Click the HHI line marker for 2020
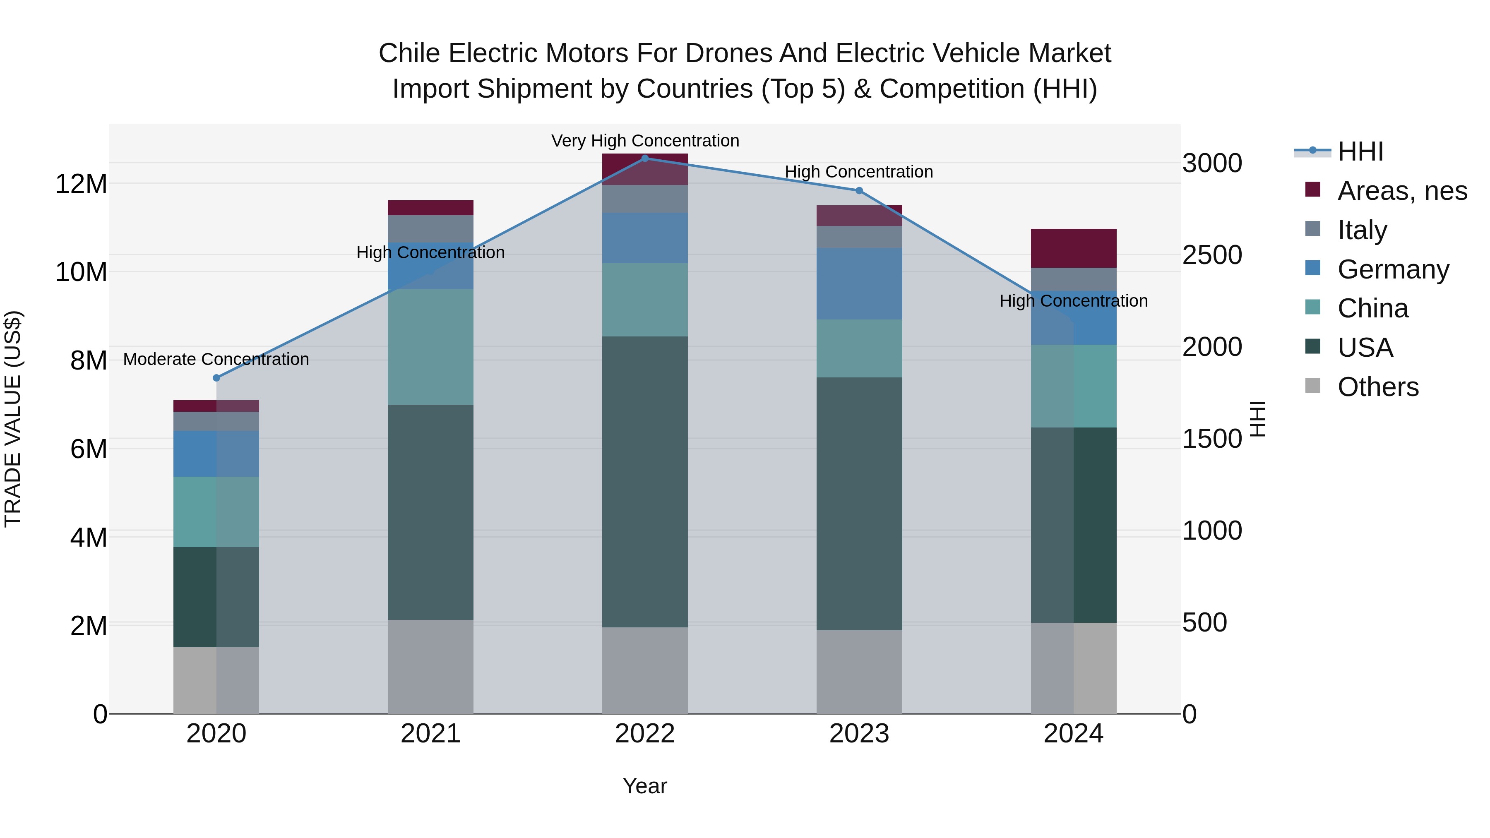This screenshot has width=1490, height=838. pos(216,378)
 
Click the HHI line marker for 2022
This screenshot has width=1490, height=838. pos(645,158)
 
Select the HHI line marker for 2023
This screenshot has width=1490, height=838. pos(859,191)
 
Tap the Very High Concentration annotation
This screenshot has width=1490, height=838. pos(645,141)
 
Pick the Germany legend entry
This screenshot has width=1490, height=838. pos(1393,269)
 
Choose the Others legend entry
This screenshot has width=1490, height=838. pos(1378,387)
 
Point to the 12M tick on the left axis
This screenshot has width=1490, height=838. pos(81,184)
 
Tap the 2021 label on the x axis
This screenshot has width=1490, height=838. pos(430,734)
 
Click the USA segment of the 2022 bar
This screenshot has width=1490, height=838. pos(645,482)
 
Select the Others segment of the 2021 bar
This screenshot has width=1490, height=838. pos(430,666)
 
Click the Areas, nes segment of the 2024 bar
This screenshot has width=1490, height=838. pos(1074,248)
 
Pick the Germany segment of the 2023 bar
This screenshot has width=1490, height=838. pos(859,283)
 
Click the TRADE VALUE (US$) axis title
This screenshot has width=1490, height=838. pos(13,419)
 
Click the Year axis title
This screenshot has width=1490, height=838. pos(645,786)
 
